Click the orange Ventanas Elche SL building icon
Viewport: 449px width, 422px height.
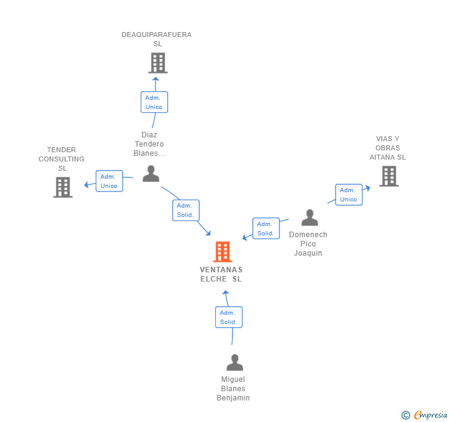pos(222,251)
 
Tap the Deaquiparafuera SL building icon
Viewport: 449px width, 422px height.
pos(158,63)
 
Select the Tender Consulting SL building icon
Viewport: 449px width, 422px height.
pos(63,187)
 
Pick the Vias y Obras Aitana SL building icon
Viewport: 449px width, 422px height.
pos(389,176)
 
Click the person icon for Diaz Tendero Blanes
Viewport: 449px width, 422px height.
pos(151,174)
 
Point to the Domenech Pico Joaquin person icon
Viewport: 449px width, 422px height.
pos(310,217)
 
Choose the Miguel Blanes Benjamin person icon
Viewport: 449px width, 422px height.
pos(234,362)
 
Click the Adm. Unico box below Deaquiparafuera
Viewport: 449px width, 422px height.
pos(154,102)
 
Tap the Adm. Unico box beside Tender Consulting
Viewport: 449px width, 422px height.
pos(109,181)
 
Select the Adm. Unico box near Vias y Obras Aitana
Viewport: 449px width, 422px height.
pos(348,195)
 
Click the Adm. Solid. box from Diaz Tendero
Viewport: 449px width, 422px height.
pos(185,210)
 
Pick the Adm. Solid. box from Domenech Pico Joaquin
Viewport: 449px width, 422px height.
pos(266,229)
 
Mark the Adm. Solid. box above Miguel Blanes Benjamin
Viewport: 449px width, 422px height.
pos(229,317)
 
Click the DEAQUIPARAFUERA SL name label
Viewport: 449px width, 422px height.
pos(157,39)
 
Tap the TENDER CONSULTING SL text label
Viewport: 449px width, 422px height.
pos(62,159)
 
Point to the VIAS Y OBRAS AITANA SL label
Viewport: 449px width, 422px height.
pos(388,148)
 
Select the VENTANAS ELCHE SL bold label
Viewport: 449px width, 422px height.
pos(221,274)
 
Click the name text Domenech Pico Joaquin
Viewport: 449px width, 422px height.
pos(308,244)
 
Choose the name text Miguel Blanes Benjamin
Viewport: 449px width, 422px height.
pos(233,389)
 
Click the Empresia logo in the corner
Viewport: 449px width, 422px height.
pos(424,415)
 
